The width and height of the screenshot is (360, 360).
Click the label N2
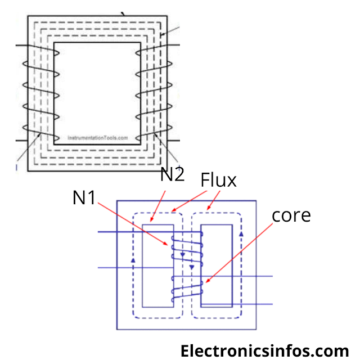click(172, 175)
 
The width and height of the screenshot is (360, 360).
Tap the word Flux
click(219, 180)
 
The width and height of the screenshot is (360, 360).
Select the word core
click(291, 215)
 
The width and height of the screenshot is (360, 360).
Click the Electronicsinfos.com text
click(264, 350)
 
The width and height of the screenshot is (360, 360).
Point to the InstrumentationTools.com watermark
click(97, 137)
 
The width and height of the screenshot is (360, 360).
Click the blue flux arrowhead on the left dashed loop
click(133, 260)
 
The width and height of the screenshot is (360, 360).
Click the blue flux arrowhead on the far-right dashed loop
click(242, 233)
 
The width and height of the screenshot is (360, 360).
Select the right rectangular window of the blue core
click(217, 265)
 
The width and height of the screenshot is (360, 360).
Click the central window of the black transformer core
click(97, 93)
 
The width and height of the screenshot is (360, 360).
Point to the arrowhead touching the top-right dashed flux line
click(161, 35)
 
